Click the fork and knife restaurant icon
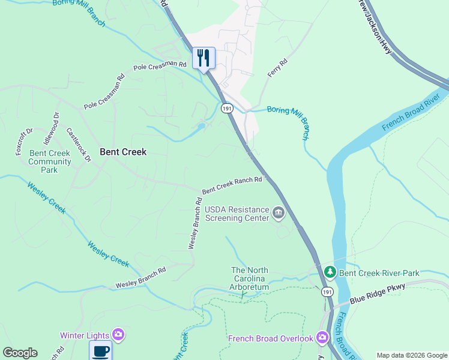point(203,58)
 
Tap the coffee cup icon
point(100,350)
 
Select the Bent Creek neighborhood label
point(123,152)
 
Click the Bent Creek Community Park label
point(50,161)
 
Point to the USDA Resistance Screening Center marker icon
point(279,213)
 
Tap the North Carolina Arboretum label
point(250,279)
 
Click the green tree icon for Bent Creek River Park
point(330,273)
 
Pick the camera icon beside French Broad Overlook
point(322,338)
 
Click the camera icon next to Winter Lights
point(118,334)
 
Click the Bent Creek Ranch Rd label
point(232,185)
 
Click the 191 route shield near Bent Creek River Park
point(327,292)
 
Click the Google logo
point(20,353)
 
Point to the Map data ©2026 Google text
point(411,355)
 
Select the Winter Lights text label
point(84,335)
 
